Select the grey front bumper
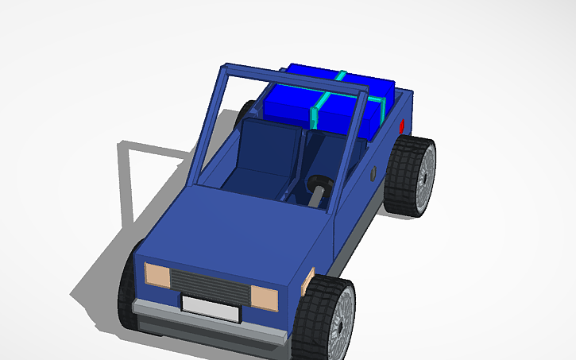[207, 323]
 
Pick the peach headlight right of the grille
[265, 299]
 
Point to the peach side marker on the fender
[309, 281]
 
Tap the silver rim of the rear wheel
[425, 176]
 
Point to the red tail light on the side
[403, 125]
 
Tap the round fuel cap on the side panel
[373, 172]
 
